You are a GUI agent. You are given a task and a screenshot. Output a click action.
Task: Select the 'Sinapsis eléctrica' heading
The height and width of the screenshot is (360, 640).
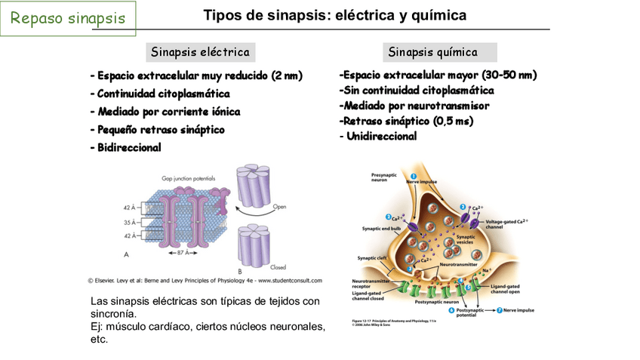tap(200, 52)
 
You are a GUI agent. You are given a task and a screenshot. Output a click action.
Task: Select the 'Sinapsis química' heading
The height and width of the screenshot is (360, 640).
tap(432, 52)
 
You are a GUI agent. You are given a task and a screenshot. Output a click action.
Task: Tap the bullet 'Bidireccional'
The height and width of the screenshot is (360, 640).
tap(126, 148)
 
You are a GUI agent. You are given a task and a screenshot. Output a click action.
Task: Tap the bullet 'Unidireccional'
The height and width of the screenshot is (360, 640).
tap(380, 137)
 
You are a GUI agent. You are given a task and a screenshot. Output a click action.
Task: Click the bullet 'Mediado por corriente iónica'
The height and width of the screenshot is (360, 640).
tap(165, 112)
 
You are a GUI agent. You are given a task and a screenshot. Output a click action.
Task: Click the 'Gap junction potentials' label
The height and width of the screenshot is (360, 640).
tap(188, 178)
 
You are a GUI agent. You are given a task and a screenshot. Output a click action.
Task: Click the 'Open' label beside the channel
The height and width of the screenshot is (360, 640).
tap(279, 205)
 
